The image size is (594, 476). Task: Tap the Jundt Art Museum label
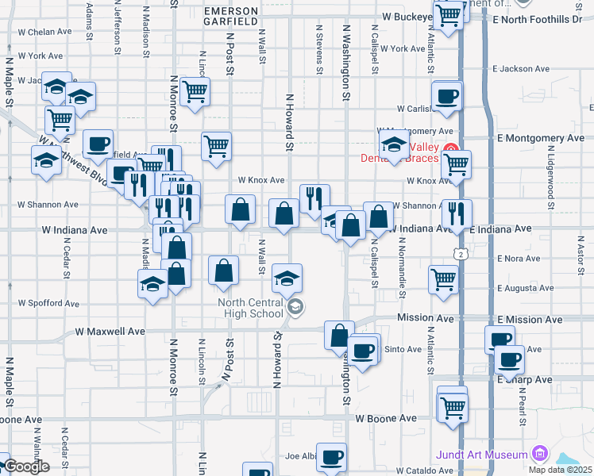[x=481, y=455]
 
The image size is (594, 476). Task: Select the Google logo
[x=25, y=466]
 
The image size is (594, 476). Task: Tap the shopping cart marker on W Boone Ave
[x=453, y=408]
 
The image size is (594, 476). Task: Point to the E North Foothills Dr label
[x=537, y=19]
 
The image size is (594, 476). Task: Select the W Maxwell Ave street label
[x=110, y=331]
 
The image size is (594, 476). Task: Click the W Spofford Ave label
[x=49, y=303]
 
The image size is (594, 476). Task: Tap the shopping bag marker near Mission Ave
[x=339, y=336]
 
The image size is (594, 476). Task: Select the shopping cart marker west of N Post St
[x=194, y=92]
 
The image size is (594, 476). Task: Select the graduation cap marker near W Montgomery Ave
[x=393, y=145]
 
